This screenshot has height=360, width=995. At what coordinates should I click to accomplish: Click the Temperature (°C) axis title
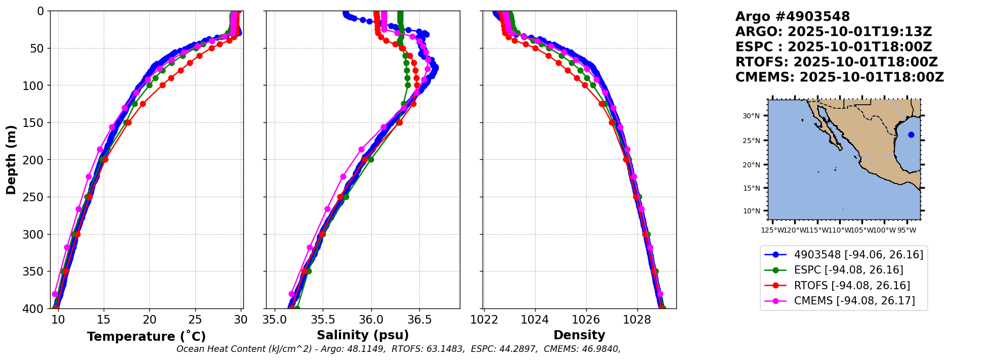click(x=146, y=337)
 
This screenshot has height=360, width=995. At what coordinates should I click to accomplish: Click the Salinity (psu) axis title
click(x=363, y=335)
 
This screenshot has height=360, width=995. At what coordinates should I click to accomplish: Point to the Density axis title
click(x=579, y=335)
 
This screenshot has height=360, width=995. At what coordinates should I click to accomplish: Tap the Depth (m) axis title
click(x=11, y=160)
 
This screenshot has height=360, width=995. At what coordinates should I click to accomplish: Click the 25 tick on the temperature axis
click(x=195, y=320)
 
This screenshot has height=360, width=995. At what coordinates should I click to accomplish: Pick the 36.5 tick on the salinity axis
click(x=419, y=320)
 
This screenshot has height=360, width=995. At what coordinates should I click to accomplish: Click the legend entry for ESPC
click(x=848, y=270)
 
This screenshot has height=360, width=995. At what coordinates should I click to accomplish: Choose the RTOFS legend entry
click(x=852, y=286)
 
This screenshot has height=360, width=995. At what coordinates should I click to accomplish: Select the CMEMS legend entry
click(x=854, y=301)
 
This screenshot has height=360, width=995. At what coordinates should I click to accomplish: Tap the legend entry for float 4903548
click(x=858, y=255)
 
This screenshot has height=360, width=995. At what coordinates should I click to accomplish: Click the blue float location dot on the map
click(x=911, y=134)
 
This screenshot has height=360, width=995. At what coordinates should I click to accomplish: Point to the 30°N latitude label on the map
click(x=751, y=116)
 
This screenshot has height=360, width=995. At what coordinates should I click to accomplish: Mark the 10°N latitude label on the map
click(x=751, y=211)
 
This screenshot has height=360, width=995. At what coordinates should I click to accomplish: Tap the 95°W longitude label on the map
click(x=906, y=231)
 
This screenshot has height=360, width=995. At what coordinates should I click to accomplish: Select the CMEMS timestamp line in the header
click(x=839, y=77)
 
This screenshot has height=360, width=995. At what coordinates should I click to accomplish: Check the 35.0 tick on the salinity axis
click(x=274, y=320)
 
